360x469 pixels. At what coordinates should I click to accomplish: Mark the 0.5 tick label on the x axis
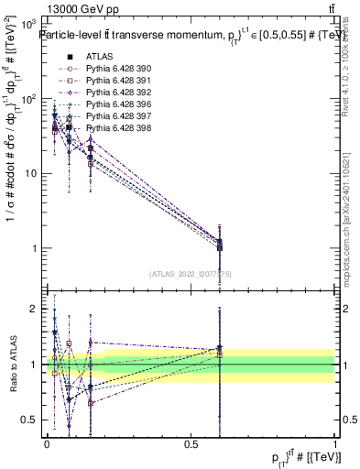tap(191, 443)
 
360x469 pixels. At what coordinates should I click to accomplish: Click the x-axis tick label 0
tap(47, 443)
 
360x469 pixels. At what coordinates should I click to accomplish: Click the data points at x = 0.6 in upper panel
tap(219, 245)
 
